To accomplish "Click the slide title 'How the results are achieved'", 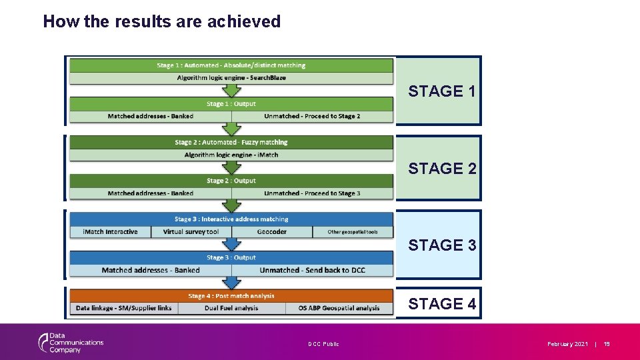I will [162, 21].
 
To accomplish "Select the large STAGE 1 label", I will [442, 91].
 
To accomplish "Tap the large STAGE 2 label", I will [442, 169].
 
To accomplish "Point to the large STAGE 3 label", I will [442, 245].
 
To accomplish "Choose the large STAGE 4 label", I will [442, 304].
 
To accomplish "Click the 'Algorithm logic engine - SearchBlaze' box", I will [231, 78].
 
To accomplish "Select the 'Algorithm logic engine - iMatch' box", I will [231, 155].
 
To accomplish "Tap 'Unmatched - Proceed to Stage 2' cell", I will [312, 116].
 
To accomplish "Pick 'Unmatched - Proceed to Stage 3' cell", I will [312, 193].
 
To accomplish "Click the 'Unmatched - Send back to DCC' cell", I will [312, 270].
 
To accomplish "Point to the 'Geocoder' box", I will [271, 232].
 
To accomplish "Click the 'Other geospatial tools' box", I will [352, 232].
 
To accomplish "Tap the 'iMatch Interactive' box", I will [110, 232].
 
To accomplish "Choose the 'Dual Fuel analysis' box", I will [231, 308].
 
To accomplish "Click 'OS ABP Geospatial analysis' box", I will [339, 308].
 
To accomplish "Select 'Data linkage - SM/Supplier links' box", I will [123, 308].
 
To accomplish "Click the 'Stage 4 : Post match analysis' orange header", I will [231, 296].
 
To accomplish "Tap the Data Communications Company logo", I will [70, 343].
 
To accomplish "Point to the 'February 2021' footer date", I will [567, 344].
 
